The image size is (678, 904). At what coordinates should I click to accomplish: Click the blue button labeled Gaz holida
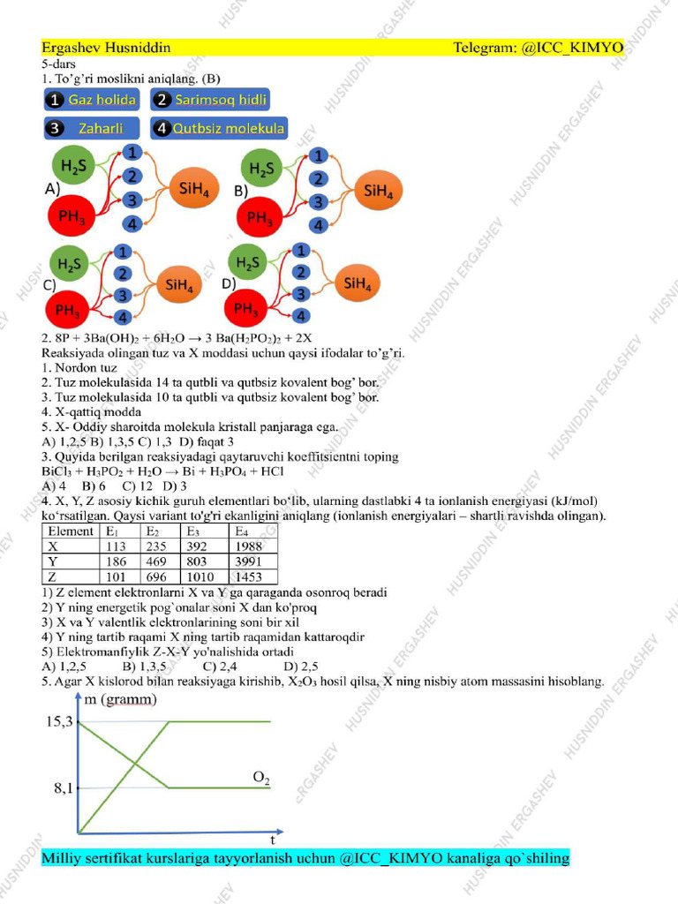91,101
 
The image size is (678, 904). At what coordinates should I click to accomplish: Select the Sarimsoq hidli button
209,101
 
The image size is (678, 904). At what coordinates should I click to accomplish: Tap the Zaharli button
91,129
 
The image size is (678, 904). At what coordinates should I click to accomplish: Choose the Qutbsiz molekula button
219,129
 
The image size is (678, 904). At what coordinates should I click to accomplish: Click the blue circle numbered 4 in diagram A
132,223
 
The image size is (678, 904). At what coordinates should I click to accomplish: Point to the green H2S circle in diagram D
248,263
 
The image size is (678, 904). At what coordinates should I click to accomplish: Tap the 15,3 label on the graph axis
59,722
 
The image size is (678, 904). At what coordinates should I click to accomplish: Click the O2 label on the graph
261,777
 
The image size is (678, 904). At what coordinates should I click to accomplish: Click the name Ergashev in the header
73,48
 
